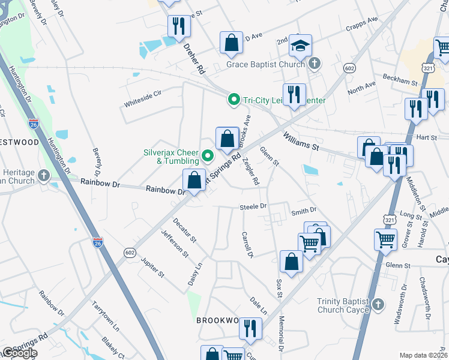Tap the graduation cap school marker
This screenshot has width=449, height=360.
(x=300, y=45)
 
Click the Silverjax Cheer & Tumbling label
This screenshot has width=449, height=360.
(x=171, y=157)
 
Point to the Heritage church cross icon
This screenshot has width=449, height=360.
(x=43, y=176)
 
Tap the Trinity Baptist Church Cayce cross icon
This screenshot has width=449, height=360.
(x=378, y=304)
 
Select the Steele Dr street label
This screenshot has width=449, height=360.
(x=253, y=206)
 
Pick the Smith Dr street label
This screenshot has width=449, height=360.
(x=303, y=211)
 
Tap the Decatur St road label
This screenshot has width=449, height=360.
(x=185, y=230)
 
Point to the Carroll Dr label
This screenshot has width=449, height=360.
(x=248, y=245)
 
